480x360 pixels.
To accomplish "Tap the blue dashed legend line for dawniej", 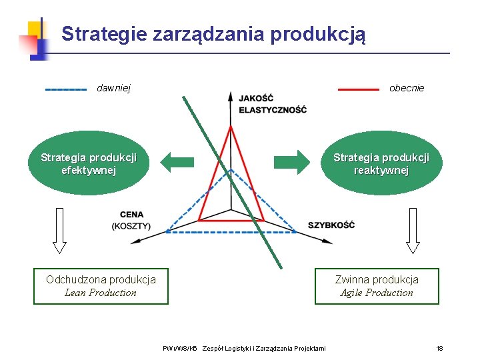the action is click(65, 89).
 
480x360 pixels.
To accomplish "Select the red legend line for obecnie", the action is click(359, 89).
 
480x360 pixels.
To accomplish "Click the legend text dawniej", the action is click(114, 88).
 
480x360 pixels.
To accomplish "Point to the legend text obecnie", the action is click(407, 88).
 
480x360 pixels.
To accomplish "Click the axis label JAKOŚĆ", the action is click(256, 99).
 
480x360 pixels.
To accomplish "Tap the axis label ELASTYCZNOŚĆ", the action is click(273, 110).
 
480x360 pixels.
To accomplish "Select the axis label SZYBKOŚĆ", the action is click(331, 225).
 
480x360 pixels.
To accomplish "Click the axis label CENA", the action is click(131, 215).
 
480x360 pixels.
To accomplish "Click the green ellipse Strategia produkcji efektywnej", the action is click(89, 164).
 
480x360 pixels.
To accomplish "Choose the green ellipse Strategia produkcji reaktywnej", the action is click(381, 164).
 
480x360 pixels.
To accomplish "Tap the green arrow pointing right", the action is click(292, 161).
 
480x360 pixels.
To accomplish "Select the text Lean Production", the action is click(101, 293).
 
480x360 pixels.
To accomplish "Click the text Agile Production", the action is click(377, 293).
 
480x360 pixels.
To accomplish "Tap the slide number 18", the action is click(439, 349).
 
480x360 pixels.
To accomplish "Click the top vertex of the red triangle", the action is click(231, 127).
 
